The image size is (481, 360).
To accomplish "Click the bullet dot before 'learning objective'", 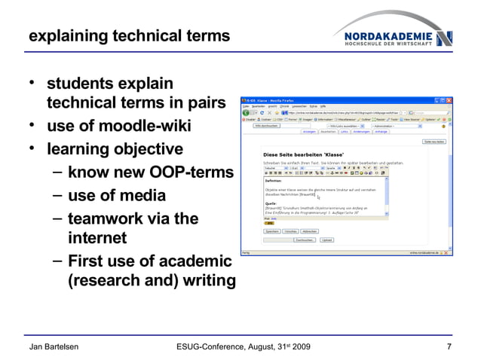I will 33,147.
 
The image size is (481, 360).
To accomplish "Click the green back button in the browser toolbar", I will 246,113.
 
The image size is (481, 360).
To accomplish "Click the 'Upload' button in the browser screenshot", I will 326,239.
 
